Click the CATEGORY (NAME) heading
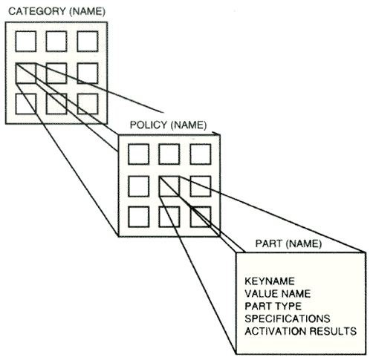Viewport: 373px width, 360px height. pos(57,12)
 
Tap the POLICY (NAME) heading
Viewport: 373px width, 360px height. pos(168,125)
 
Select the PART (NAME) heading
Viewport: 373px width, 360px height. pos(288,243)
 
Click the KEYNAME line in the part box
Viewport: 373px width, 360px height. pos(270,281)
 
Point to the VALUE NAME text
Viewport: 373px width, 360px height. pos(278,294)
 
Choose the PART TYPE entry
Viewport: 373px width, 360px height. pos(273,306)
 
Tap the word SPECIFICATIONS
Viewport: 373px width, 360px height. pos(288,318)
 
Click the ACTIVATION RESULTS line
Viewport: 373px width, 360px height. pos(301,331)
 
